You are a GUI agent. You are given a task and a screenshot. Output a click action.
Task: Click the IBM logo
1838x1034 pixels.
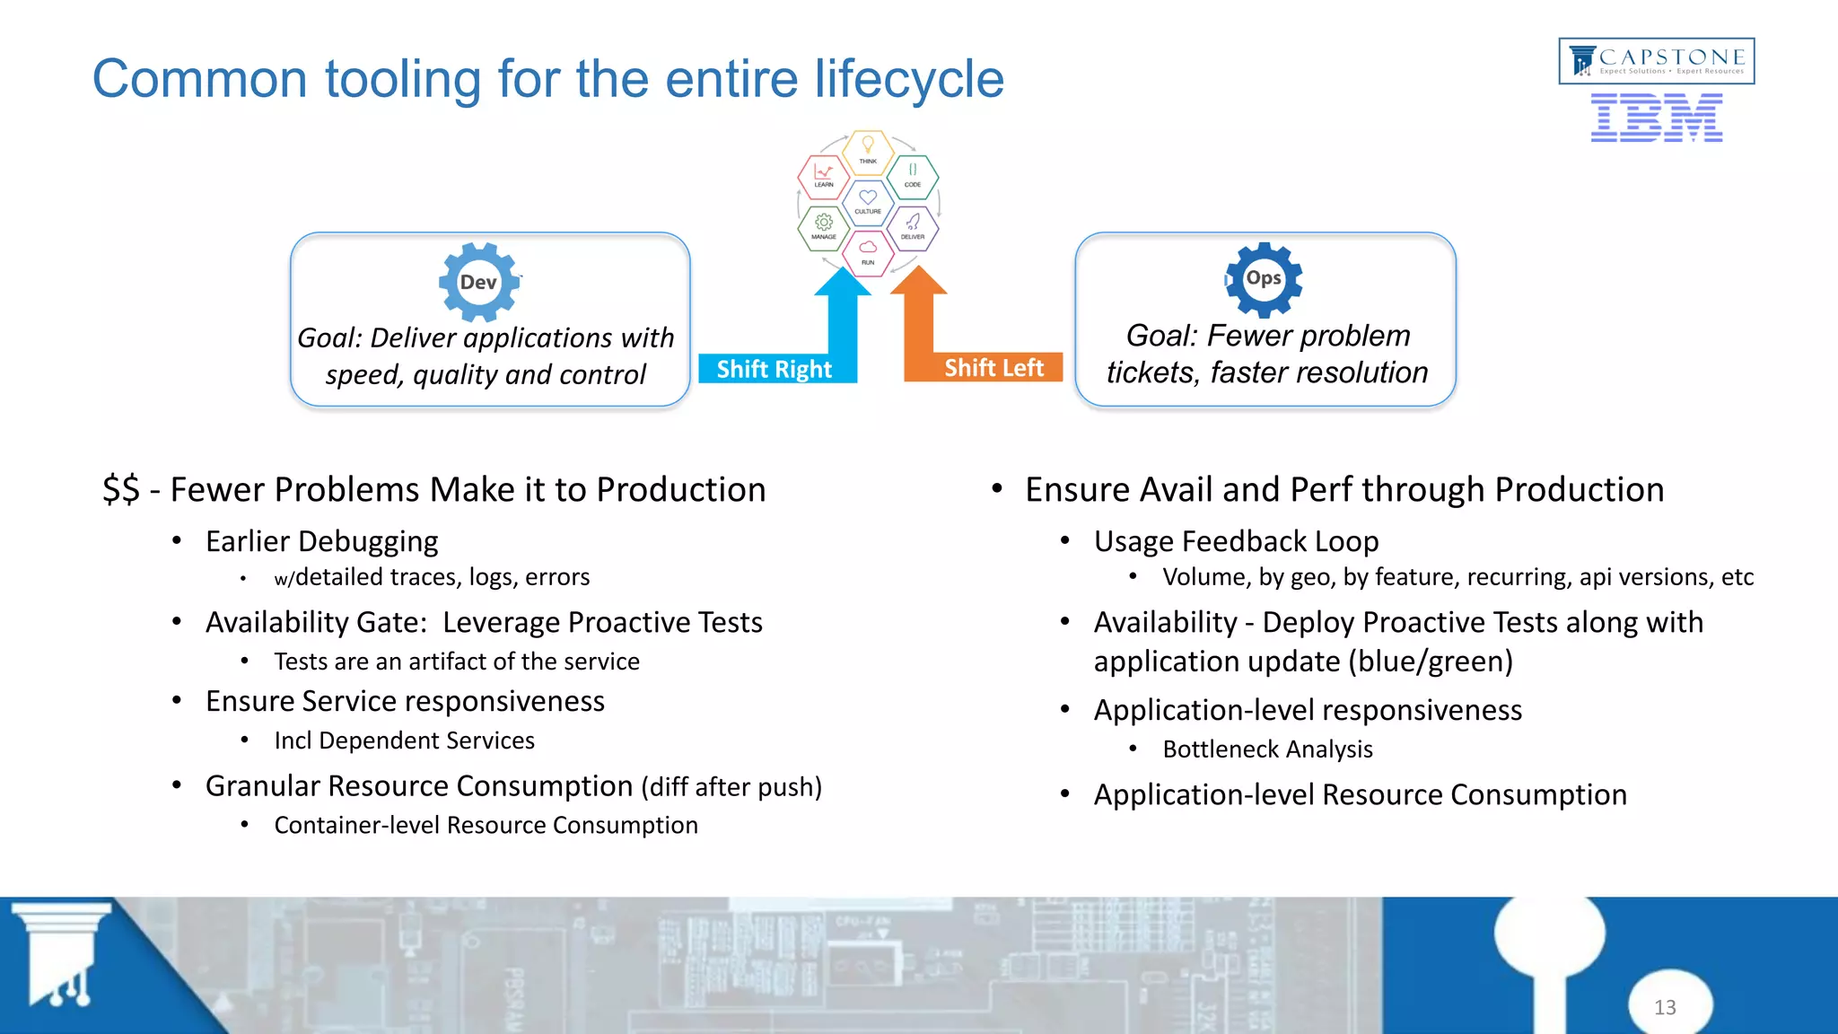[1656, 118]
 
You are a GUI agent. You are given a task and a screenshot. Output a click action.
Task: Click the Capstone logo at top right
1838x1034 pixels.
[1656, 61]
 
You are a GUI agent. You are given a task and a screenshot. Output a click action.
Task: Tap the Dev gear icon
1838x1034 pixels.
[478, 282]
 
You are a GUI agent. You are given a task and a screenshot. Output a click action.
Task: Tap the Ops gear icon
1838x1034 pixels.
[1263, 279]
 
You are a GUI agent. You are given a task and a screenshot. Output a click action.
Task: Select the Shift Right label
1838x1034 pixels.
[774, 369]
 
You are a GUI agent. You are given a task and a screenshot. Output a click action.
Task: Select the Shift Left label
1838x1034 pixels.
[993, 367]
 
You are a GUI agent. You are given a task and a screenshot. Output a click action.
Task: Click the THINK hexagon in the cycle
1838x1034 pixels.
[868, 151]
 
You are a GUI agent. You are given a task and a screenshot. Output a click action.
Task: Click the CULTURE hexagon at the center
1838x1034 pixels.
[868, 202]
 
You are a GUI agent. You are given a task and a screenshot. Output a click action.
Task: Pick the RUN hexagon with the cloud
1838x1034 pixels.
[868, 252]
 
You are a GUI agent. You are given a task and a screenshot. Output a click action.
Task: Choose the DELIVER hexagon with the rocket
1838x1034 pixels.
[913, 226]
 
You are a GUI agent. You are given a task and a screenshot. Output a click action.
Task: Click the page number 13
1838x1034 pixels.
[1665, 1007]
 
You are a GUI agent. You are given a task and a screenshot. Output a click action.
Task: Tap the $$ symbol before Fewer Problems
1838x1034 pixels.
[121, 490]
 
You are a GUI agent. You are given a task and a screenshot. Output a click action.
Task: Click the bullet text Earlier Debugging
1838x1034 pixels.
[321, 541]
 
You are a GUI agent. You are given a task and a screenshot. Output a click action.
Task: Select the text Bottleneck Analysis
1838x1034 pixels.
[1267, 749]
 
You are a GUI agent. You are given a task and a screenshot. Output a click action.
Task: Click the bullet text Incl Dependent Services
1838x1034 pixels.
[404, 740]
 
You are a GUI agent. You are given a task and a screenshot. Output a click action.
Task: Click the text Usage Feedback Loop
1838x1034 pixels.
[1236, 541]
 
